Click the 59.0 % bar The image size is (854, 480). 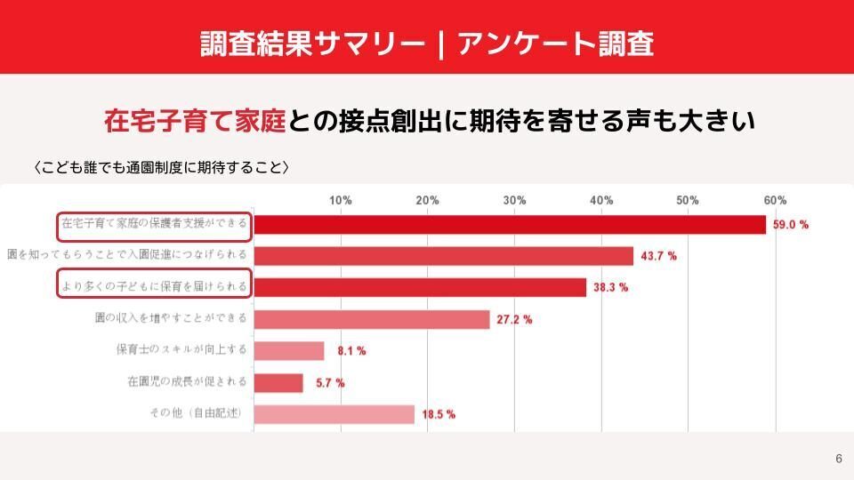click(510, 225)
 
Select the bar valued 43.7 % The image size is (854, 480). click(443, 256)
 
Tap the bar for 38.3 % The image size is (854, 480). click(420, 287)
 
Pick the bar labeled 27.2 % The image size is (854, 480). click(372, 319)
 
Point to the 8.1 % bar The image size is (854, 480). click(289, 351)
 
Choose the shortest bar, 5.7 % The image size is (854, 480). click(278, 383)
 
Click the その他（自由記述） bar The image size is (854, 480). click(334, 414)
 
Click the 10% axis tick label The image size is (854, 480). click(341, 201)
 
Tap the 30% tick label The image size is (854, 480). click(514, 201)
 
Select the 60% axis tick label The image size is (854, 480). click(775, 201)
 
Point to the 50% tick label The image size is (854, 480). click(688, 201)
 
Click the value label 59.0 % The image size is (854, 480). click(790, 225)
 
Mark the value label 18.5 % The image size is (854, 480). click(438, 414)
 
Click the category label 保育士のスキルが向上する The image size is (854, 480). click(188, 349)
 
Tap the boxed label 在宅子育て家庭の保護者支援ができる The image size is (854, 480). click(154, 225)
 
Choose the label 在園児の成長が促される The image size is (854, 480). click(188, 381)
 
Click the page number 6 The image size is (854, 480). click(838, 459)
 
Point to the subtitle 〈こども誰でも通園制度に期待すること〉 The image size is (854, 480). click(161, 167)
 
